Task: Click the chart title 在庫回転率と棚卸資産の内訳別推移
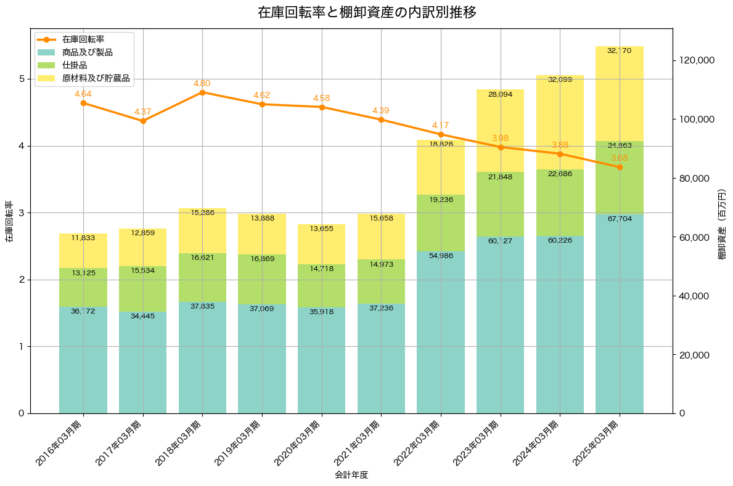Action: (366, 12)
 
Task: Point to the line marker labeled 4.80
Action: (202, 92)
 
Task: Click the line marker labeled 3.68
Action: (620, 168)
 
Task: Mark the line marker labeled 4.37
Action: (143, 121)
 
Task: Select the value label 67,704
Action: (620, 219)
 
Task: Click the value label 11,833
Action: (83, 238)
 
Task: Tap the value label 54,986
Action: (441, 256)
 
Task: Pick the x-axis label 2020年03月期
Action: (298, 442)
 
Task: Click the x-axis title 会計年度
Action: (351, 475)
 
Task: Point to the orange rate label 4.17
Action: (441, 125)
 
